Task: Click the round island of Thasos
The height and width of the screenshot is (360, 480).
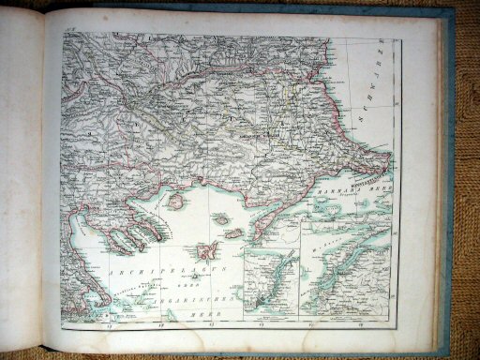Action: (x=174, y=201)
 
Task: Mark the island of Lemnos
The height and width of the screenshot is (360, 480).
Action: (x=208, y=251)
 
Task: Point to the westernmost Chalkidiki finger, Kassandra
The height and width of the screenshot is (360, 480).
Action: (x=111, y=242)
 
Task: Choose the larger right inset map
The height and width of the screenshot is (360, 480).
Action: (x=345, y=267)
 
